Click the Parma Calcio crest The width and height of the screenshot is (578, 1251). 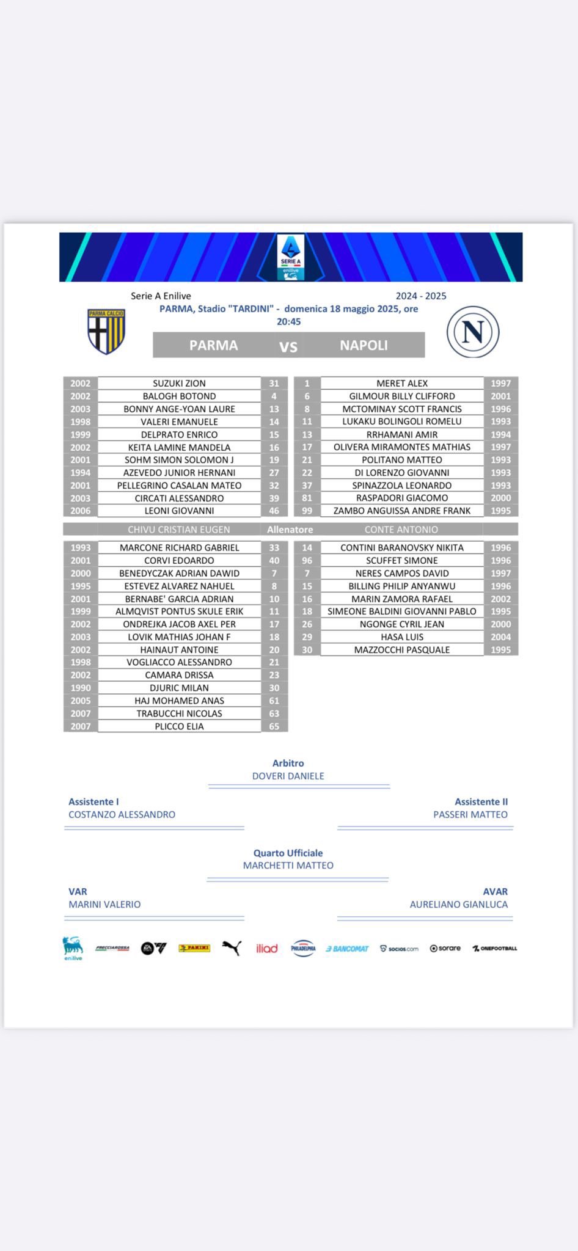point(107,332)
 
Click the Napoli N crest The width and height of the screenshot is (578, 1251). point(473,332)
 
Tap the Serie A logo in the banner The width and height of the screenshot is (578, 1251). point(290,257)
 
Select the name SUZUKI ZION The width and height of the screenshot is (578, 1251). point(179,384)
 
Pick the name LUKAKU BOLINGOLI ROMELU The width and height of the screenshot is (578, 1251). point(401,421)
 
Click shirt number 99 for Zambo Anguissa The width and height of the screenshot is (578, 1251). point(307,511)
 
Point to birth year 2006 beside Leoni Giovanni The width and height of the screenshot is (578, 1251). point(80,511)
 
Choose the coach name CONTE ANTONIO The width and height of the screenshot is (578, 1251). point(401,530)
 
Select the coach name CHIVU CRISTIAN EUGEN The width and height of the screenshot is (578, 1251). point(179,530)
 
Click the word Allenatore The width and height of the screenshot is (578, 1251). point(290,530)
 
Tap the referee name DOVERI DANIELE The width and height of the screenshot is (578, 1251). point(288,776)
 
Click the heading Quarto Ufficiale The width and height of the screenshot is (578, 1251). point(288,853)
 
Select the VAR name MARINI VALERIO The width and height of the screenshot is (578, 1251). point(104,904)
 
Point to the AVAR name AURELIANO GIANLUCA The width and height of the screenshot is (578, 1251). point(458,904)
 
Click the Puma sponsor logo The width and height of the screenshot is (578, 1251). point(232,947)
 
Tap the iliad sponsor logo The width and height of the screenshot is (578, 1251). point(266,948)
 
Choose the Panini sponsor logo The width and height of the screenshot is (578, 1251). point(194,948)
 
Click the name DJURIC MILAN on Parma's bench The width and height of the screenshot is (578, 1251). point(179,688)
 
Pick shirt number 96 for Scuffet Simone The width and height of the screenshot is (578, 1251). point(307,560)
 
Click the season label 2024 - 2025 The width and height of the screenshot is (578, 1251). point(421,296)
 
